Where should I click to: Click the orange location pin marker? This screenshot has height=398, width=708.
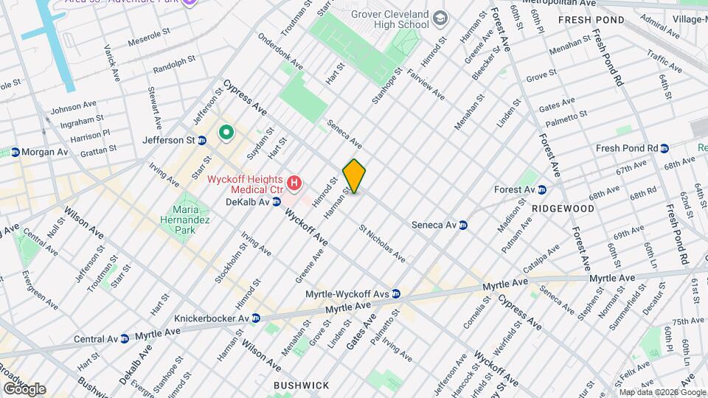pos(354,176)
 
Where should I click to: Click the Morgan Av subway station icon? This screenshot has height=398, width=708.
pos(15,152)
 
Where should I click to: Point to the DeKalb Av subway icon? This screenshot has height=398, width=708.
pos(277,201)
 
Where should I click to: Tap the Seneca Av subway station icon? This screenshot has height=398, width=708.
pos(464,226)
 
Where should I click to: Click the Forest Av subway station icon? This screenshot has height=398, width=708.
pos(542,189)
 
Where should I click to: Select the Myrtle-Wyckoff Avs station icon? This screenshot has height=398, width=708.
pos(396,293)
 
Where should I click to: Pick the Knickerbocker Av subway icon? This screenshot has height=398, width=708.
pos(255,318)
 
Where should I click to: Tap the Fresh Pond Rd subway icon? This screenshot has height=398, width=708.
pos(665,148)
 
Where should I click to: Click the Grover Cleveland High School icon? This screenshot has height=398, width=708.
pos(440,18)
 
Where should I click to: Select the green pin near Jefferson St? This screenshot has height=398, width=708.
pos(226,133)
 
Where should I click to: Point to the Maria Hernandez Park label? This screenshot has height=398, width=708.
pos(186,219)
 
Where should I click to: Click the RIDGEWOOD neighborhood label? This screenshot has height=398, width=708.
pos(563,209)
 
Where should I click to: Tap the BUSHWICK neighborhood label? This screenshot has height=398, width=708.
pos(301,385)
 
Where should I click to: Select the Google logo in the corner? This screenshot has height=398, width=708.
pos(24,388)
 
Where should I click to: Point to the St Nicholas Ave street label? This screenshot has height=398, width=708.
pos(382,245)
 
